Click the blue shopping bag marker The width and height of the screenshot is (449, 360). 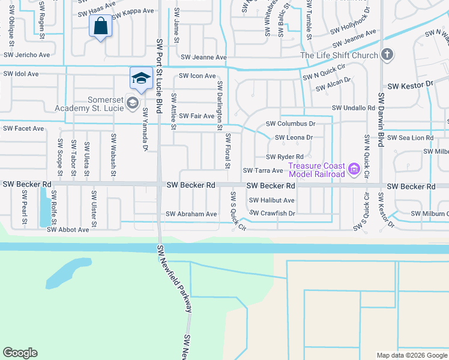(x=100, y=27)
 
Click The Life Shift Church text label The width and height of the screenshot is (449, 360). (x=339, y=56)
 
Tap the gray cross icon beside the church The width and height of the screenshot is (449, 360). (x=387, y=55)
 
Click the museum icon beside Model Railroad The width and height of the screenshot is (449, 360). (x=354, y=170)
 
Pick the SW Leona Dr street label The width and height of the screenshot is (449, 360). (x=294, y=137)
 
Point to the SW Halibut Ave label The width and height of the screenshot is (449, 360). (x=272, y=200)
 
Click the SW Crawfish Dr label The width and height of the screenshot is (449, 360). (x=273, y=213)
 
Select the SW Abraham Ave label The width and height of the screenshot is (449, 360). (x=191, y=214)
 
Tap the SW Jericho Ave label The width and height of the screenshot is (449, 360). (x=26, y=55)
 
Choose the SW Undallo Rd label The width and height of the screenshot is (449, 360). (x=354, y=108)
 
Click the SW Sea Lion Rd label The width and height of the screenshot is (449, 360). (x=410, y=137)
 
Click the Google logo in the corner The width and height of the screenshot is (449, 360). (x=20, y=353)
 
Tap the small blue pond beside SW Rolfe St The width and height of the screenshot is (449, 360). (x=45, y=207)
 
